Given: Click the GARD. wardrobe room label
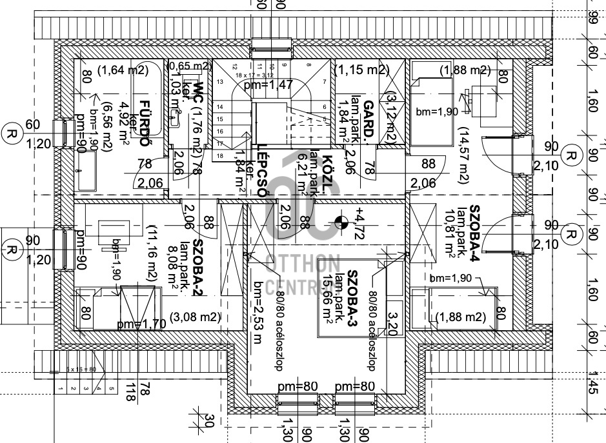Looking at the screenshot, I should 369,119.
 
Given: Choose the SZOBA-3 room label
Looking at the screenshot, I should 353,290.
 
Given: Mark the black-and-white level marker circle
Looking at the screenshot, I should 341,224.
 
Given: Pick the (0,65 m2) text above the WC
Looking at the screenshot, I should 189,66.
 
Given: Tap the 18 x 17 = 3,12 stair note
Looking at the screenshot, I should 254,75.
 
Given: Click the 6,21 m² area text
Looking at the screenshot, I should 301,174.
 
